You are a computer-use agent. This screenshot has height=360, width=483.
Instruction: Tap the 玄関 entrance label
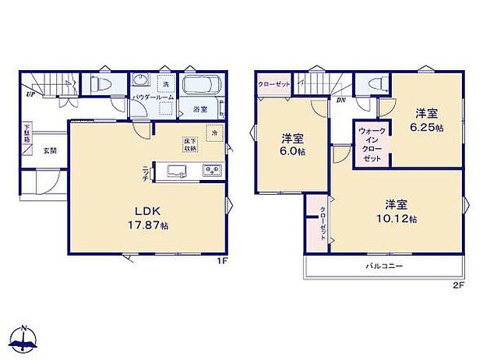pos(49,150)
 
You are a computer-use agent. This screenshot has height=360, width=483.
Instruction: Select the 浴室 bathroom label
pos(199,110)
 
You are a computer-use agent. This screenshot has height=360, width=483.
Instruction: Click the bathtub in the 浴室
pos(203,86)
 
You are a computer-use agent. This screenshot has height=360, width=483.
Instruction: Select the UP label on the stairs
pos(30,94)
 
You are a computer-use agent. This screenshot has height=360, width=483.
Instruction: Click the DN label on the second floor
pos(340,100)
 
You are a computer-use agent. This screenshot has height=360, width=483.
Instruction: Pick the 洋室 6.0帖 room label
pos(293,145)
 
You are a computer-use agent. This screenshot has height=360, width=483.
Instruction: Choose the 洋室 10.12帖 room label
pos(397,211)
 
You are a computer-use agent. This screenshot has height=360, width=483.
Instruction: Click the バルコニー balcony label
pos(384,266)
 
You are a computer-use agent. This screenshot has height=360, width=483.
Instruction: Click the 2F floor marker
pos(458,285)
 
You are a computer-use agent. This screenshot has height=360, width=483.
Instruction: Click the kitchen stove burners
pos(212,170)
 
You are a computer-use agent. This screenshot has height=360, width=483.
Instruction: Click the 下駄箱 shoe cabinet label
pos(26,133)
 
